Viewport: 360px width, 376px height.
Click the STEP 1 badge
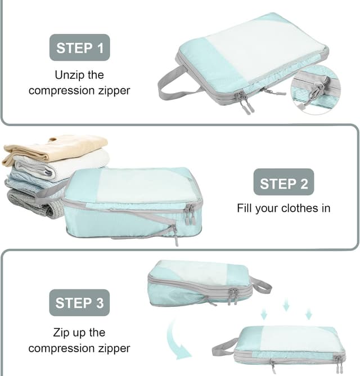click(x=79, y=47)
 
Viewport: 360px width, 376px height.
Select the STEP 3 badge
click(x=79, y=303)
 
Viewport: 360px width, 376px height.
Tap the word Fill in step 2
click(x=247, y=208)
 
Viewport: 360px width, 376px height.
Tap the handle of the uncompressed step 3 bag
click(x=259, y=285)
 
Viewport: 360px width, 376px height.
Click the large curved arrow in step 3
click(x=179, y=343)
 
